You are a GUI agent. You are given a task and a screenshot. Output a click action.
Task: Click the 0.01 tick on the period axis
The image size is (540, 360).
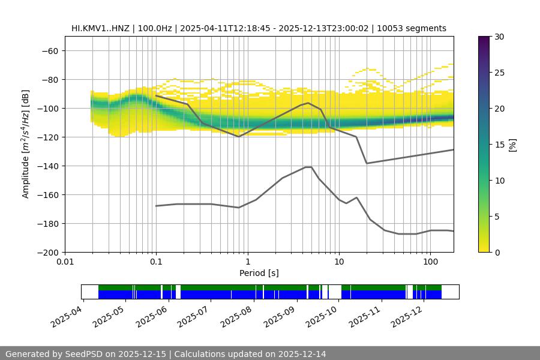pos(65,262)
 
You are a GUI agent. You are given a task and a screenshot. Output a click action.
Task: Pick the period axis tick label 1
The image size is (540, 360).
pos(247,262)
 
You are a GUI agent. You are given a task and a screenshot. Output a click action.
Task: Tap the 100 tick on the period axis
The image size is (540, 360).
pos(430,262)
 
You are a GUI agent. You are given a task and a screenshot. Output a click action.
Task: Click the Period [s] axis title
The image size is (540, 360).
pos(259,273)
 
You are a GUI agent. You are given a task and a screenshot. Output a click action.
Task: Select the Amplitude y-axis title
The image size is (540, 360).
pos(26,144)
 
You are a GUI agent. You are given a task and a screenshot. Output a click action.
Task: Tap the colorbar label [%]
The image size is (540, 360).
pos(512,144)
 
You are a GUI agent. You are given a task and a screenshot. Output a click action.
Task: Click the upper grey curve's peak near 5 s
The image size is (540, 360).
pos(308,103)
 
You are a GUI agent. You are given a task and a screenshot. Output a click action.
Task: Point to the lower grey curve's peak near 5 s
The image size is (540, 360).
pos(308,167)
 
